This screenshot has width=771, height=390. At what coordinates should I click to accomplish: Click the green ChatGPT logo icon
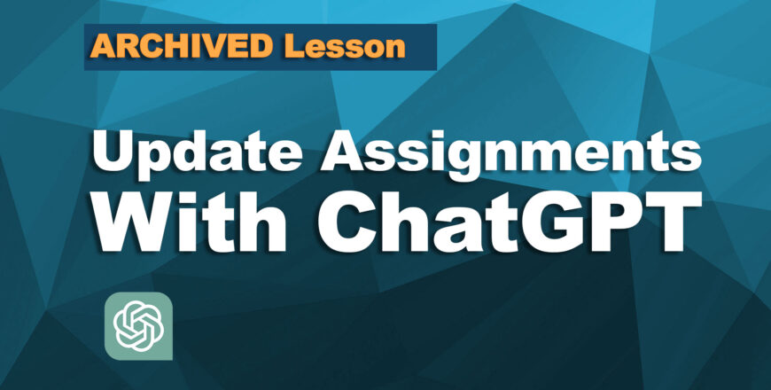pos(138,325)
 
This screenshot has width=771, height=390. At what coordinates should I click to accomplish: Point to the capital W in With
pos(138,222)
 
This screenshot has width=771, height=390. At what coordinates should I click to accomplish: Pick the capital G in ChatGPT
pos(542,222)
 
